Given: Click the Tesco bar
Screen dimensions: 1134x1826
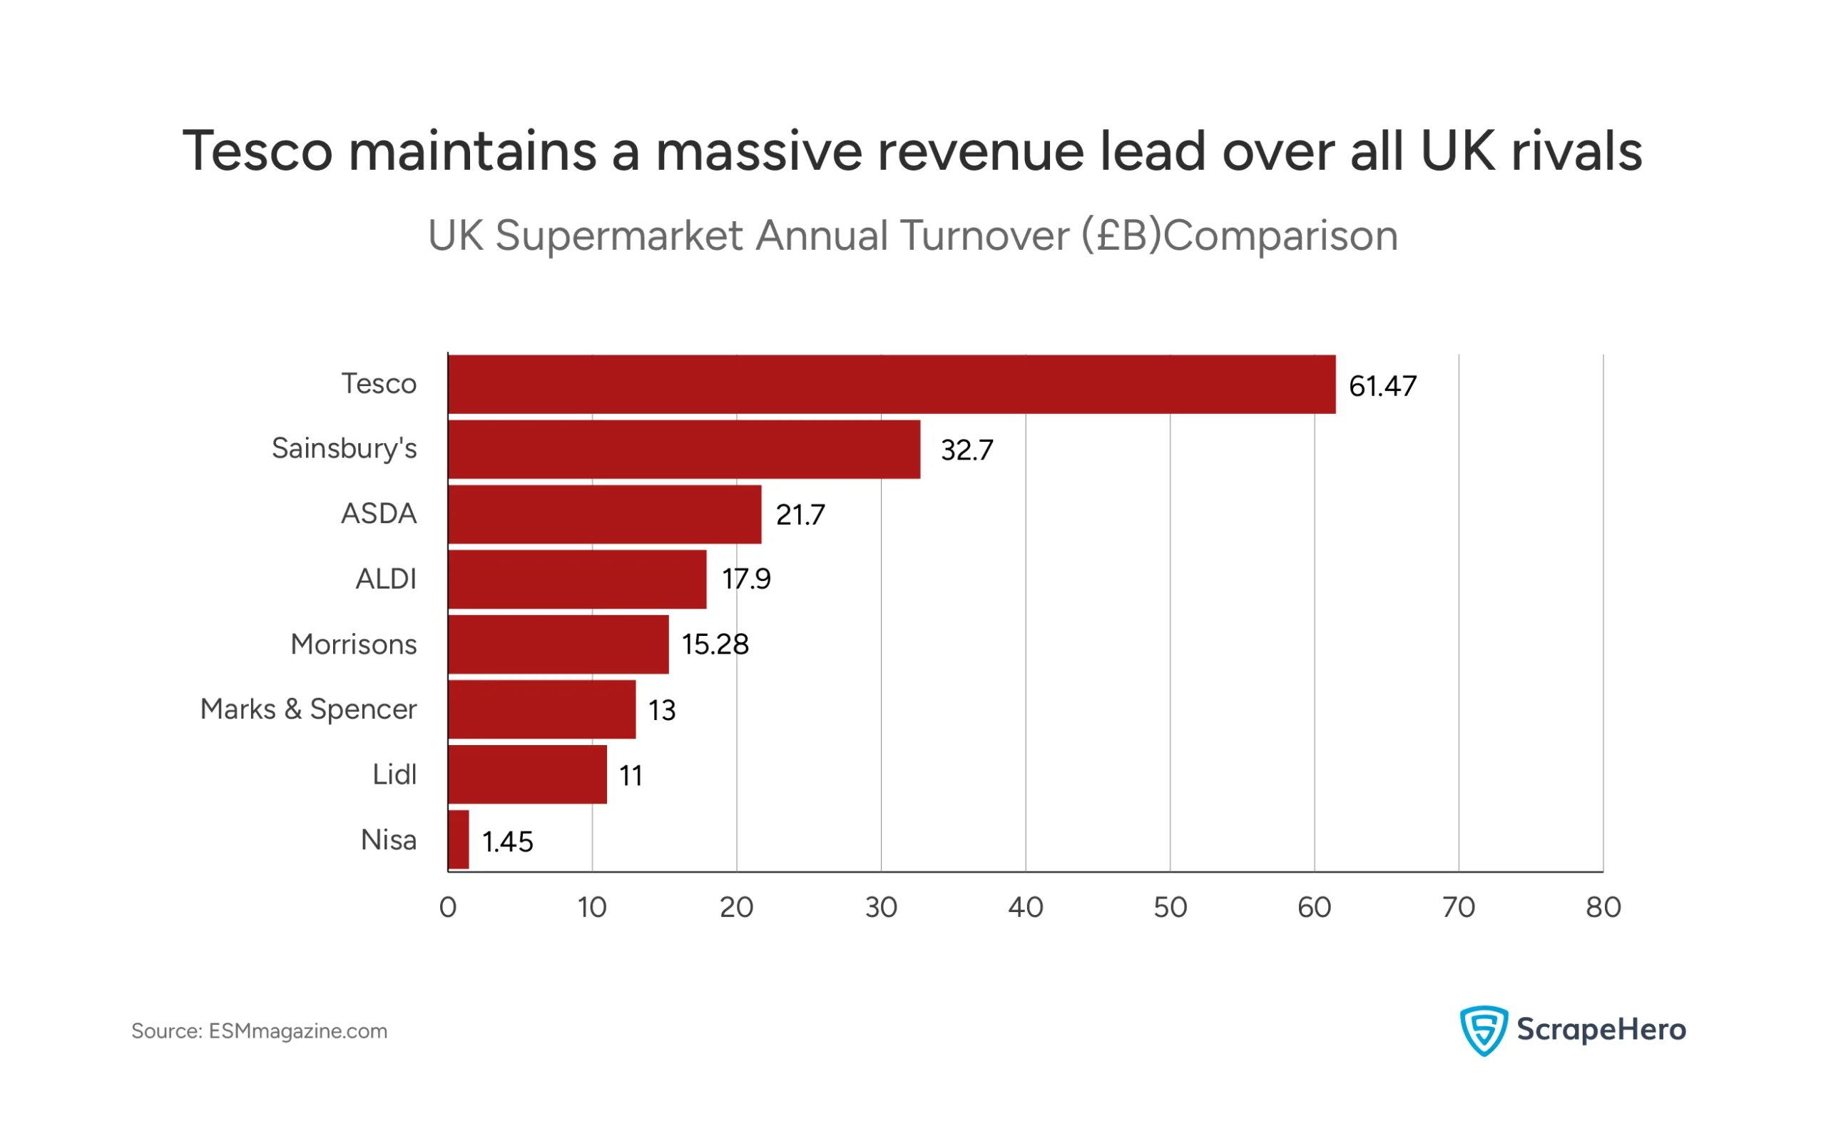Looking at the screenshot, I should pyautogui.click(x=892, y=385).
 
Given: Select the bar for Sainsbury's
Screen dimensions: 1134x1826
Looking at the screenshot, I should pyautogui.click(x=684, y=450).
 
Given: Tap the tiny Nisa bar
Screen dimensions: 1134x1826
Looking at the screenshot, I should pyautogui.click(x=459, y=841).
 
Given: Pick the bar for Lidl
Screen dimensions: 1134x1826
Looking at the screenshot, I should pyautogui.click(x=528, y=776).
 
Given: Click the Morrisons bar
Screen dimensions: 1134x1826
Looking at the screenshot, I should pyautogui.click(x=558, y=645).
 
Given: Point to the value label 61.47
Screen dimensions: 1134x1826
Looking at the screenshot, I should pyautogui.click(x=1384, y=387).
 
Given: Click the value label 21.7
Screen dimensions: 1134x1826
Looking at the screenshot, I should pyautogui.click(x=800, y=516).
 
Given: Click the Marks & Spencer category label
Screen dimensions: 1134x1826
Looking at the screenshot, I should pyautogui.click(x=309, y=710).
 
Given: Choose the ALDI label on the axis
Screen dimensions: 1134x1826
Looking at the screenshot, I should pyautogui.click(x=386, y=579).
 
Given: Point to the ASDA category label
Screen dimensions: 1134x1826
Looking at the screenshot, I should pyautogui.click(x=379, y=515).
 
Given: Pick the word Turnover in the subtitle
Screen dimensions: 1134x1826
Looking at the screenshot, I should pyautogui.click(x=985, y=236).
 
